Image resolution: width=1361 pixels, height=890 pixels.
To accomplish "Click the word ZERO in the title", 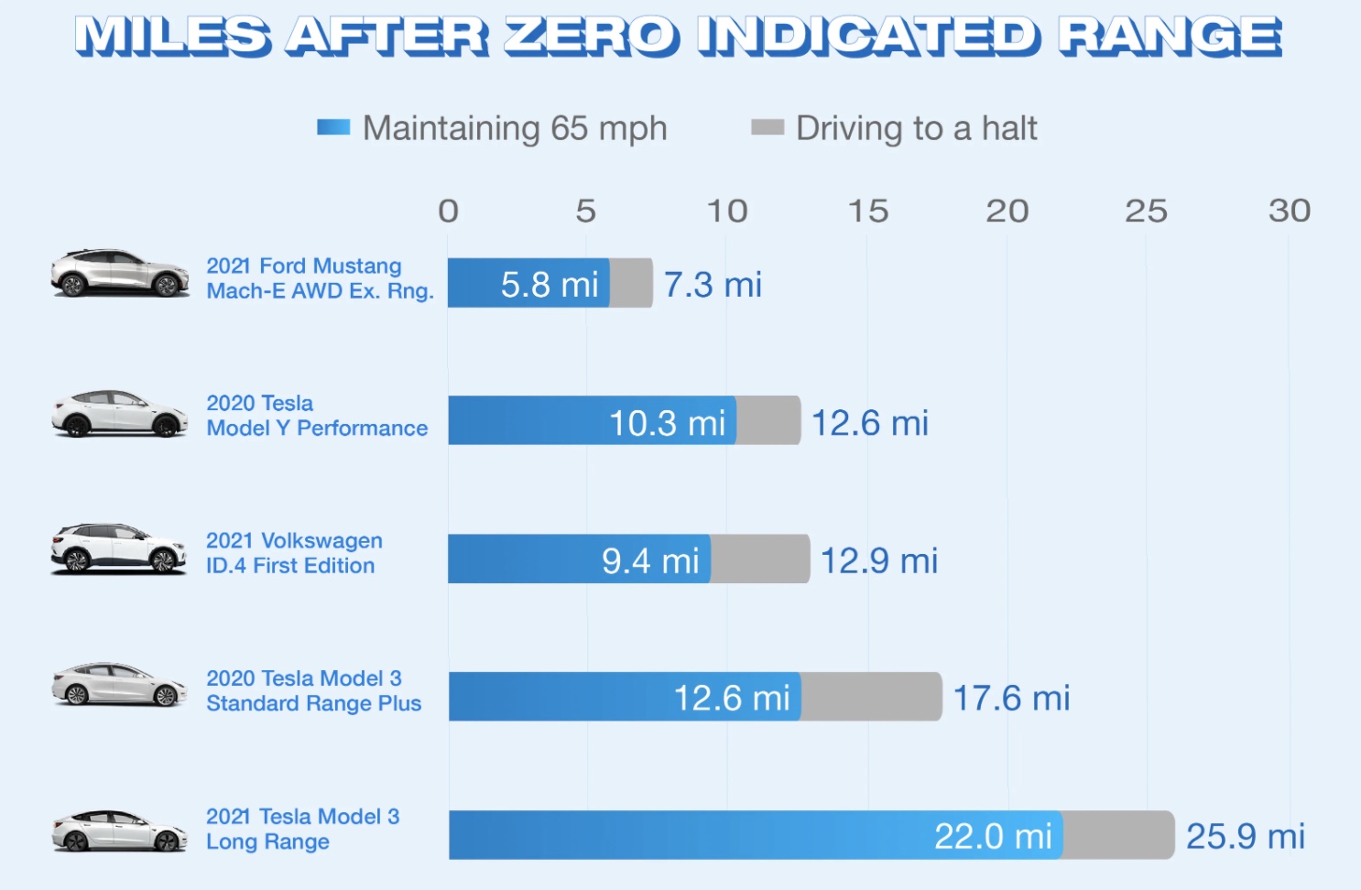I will click(x=591, y=38).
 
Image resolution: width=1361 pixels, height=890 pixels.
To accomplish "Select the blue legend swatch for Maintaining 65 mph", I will click(x=333, y=127).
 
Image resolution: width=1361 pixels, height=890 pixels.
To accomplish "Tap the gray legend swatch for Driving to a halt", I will click(x=767, y=127).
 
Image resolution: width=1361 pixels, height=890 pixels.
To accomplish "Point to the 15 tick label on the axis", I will click(x=867, y=212).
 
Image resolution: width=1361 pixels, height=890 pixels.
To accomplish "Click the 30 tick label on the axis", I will click(x=1289, y=212).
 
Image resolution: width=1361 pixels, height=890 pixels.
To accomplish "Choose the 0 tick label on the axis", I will click(x=448, y=212).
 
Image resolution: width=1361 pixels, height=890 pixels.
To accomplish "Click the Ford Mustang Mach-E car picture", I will click(x=119, y=273).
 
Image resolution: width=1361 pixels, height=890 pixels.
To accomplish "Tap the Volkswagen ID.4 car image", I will click(x=118, y=548).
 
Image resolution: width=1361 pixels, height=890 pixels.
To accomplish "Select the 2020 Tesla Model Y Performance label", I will click(x=317, y=416).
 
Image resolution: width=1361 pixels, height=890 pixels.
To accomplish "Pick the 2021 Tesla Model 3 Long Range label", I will click(x=302, y=829).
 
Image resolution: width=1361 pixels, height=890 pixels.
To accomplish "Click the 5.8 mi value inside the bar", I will click(x=550, y=285).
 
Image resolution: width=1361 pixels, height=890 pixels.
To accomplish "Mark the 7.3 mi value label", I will click(x=713, y=285).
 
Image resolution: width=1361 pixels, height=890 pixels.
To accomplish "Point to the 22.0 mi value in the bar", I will click(x=993, y=836).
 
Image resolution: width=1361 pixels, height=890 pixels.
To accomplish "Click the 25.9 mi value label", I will click(x=1246, y=836).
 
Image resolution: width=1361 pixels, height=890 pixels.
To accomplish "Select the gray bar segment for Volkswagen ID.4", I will click(x=759, y=559).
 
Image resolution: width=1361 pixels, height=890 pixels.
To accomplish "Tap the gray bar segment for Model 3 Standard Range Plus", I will click(x=870, y=697).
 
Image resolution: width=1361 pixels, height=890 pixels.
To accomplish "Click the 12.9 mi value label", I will click(x=878, y=560).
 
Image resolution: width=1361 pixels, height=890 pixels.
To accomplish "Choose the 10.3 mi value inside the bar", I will click(x=667, y=423).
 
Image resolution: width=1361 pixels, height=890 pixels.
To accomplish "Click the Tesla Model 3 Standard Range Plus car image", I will click(x=119, y=686).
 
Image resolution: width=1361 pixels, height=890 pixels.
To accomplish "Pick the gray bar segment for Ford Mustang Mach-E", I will click(x=631, y=283).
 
